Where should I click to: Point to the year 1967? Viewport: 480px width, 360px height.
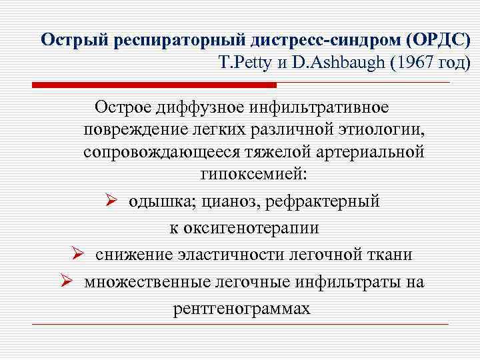pos(416,65)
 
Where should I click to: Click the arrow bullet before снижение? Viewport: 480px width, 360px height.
pos(77,255)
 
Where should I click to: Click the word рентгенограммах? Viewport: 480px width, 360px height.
pos(241,309)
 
